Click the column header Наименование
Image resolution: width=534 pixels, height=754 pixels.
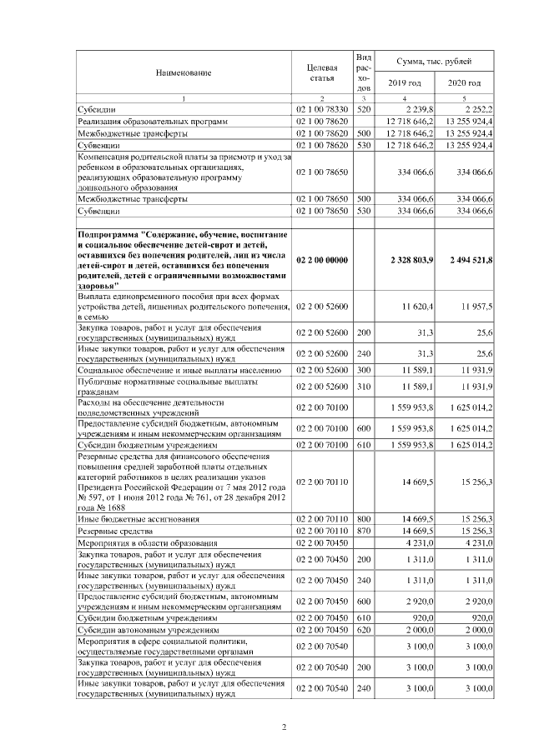(183, 72)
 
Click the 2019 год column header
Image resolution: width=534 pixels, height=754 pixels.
(405, 83)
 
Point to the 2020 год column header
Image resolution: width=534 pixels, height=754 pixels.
(465, 83)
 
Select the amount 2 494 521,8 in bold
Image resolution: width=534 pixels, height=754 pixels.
(465, 261)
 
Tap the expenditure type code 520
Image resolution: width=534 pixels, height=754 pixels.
(363, 109)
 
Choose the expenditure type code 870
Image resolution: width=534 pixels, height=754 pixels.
(363, 531)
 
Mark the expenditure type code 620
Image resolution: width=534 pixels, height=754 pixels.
(363, 630)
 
